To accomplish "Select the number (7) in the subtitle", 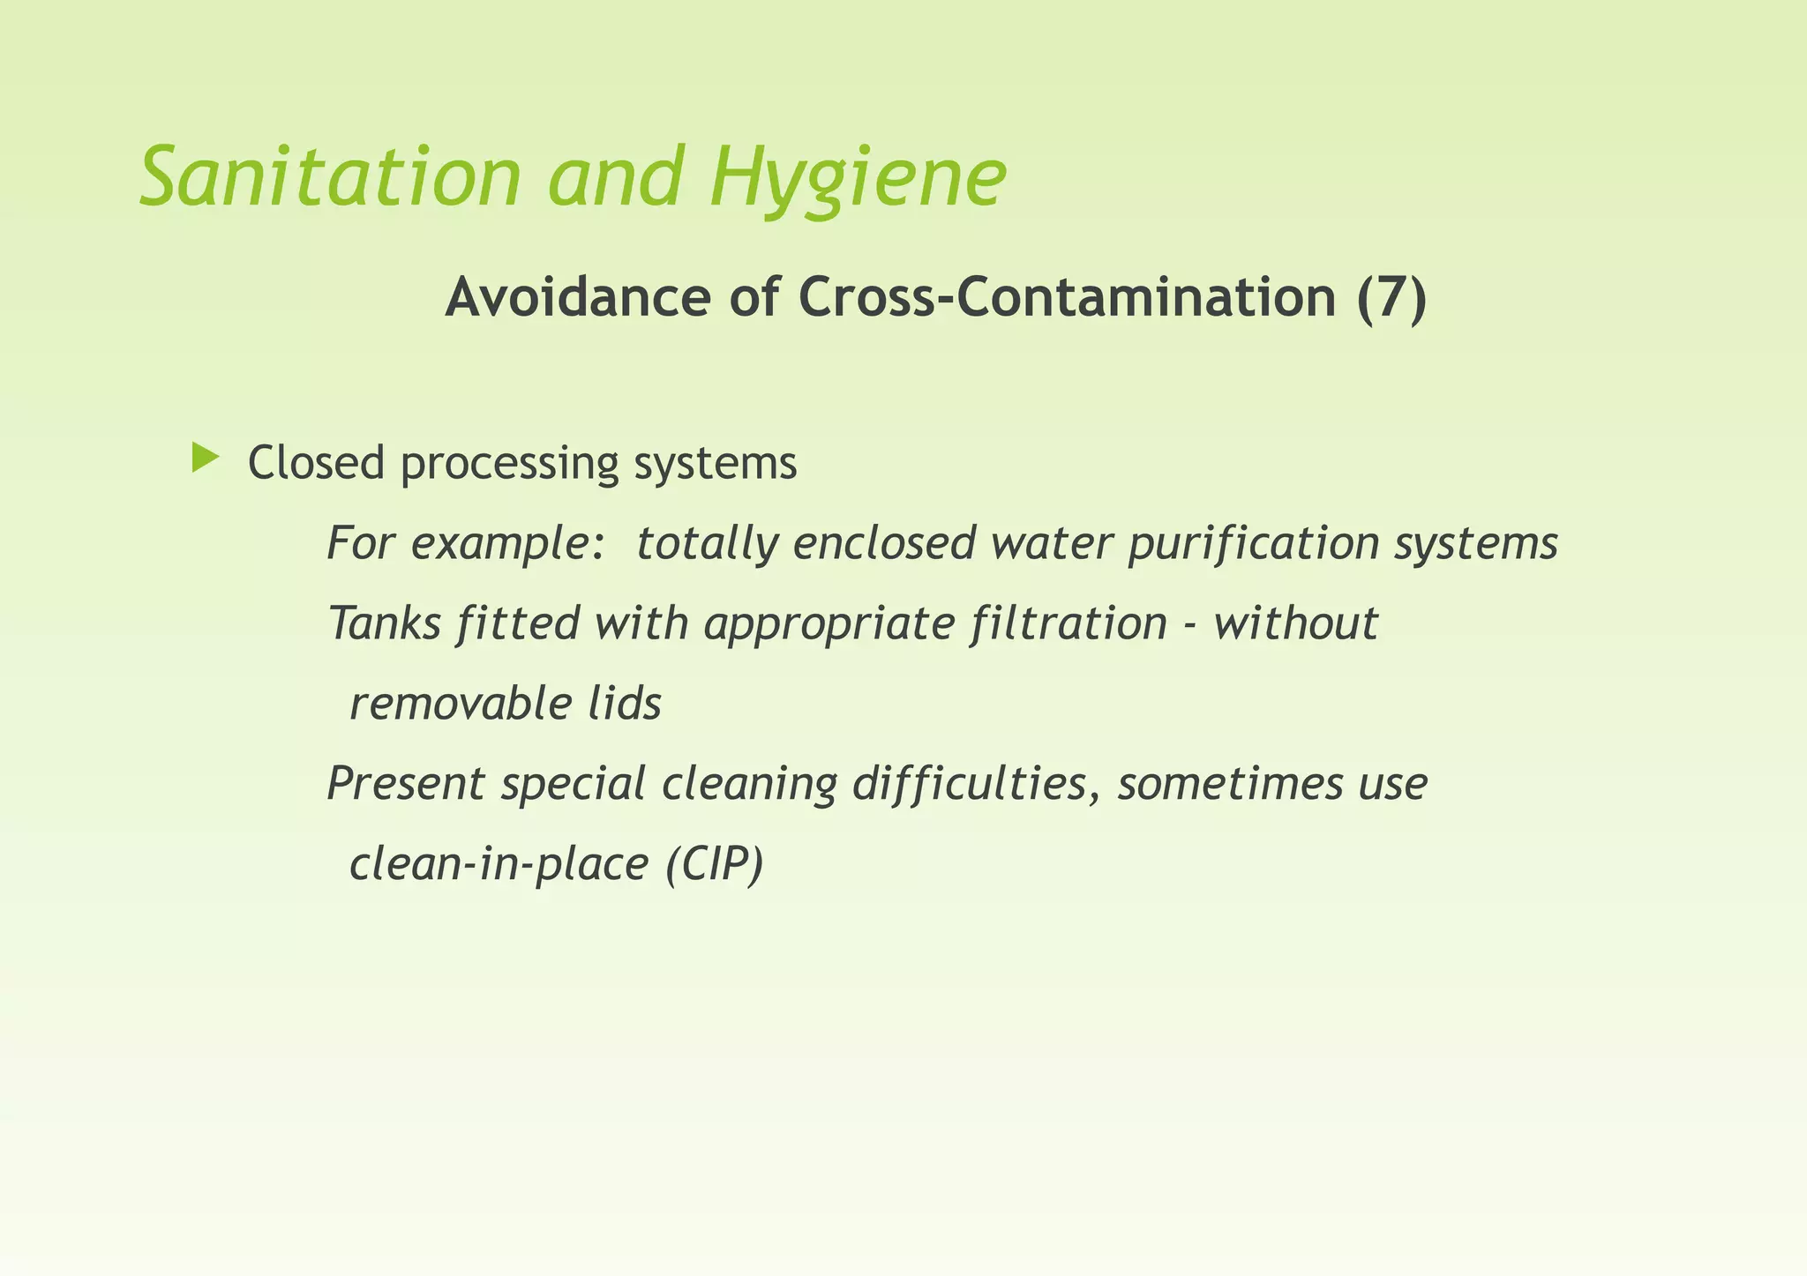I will click(x=1391, y=298).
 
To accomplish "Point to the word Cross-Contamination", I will click(x=1068, y=298).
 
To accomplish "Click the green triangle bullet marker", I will click(x=205, y=459).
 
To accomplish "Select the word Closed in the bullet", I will click(x=316, y=463).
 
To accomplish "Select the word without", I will click(x=1295, y=623).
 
